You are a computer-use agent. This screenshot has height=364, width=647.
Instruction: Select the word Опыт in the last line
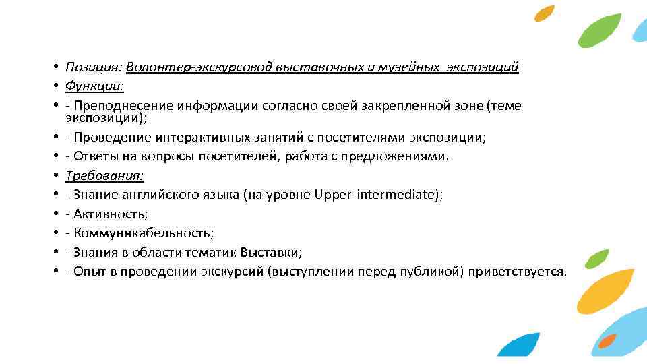click(88, 272)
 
